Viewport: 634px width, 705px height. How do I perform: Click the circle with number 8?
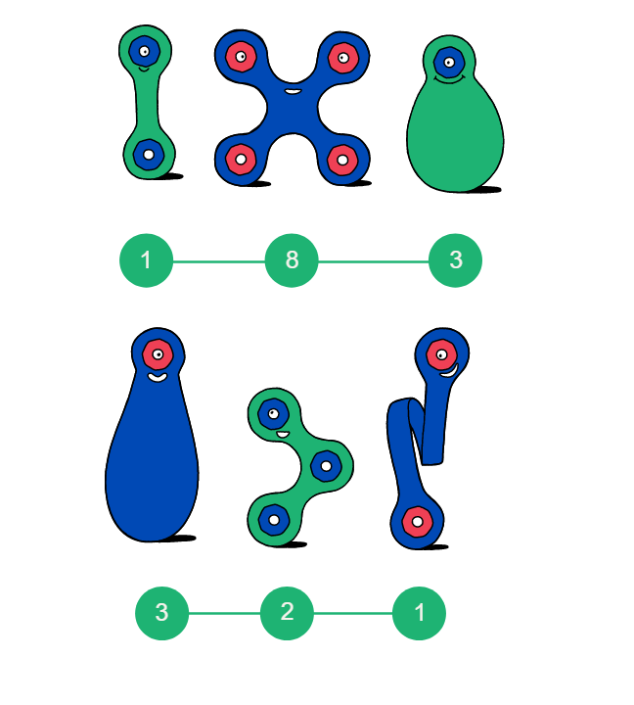[x=292, y=260]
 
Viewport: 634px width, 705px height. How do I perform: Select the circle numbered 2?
[x=287, y=613]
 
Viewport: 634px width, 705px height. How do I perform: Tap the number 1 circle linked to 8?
[x=146, y=260]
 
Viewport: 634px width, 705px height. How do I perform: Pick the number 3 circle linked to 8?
[x=455, y=260]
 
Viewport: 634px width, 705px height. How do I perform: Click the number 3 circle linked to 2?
[x=161, y=613]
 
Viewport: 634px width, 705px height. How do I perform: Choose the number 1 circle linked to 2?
[x=419, y=613]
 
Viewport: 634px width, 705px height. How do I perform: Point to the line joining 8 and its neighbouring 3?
[x=374, y=261]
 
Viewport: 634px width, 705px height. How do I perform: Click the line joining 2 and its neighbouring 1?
[x=352, y=613]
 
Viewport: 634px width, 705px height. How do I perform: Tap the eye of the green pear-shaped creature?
[x=449, y=63]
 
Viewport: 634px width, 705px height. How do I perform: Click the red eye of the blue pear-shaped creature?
[x=158, y=353]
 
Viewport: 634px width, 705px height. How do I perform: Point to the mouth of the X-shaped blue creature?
[x=293, y=91]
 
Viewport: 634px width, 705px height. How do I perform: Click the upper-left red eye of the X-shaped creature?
[x=241, y=56]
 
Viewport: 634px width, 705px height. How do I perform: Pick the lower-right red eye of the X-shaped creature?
[x=341, y=159]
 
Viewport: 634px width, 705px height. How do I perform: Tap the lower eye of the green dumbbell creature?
[x=148, y=154]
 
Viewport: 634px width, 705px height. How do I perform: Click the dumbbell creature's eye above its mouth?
[x=144, y=50]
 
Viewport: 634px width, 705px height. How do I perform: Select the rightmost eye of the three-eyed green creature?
[x=326, y=465]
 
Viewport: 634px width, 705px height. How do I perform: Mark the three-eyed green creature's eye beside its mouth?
[x=273, y=414]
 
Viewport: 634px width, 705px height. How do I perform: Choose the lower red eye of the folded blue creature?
[x=417, y=522]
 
